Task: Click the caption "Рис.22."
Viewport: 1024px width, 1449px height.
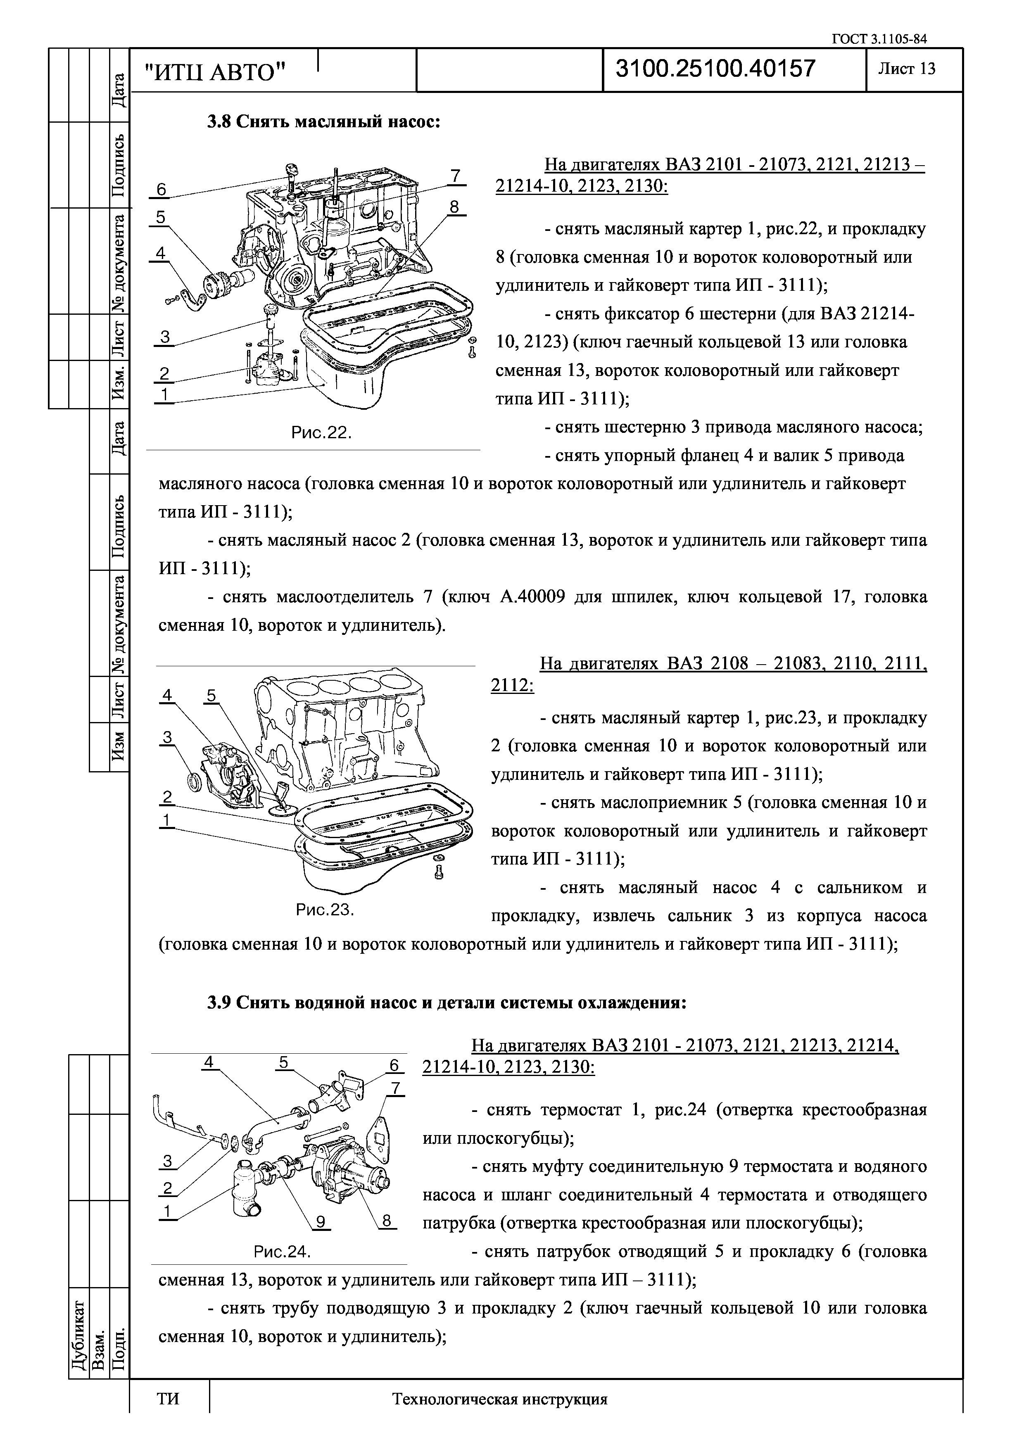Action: coord(321,433)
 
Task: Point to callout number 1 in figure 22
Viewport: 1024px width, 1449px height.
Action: coord(164,394)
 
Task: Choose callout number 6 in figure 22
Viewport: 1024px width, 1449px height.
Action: coord(161,189)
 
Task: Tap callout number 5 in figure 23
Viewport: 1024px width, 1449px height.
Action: coord(211,696)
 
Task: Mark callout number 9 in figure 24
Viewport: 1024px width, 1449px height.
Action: coord(321,1222)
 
